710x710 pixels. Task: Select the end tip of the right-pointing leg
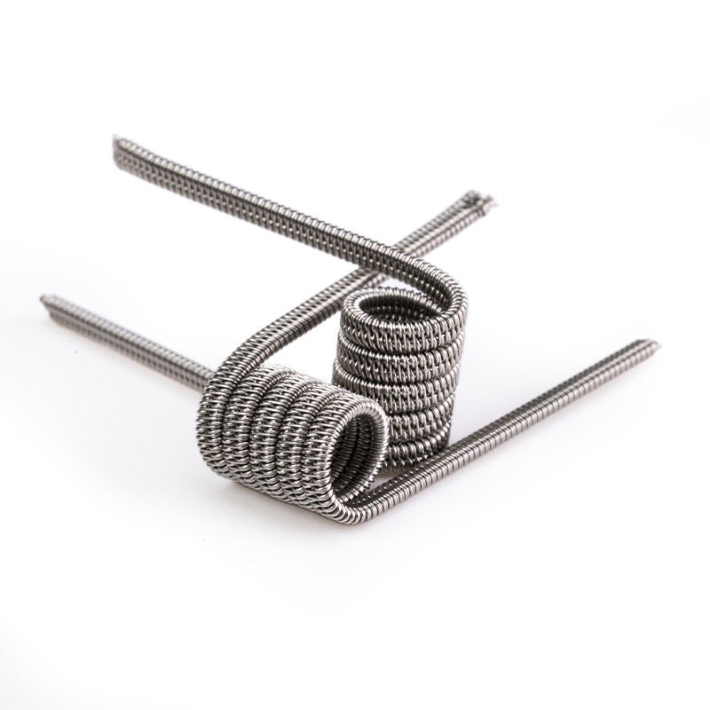pos(654,343)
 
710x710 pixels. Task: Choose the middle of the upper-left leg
pos(266,204)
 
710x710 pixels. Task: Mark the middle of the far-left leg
pos(124,333)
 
